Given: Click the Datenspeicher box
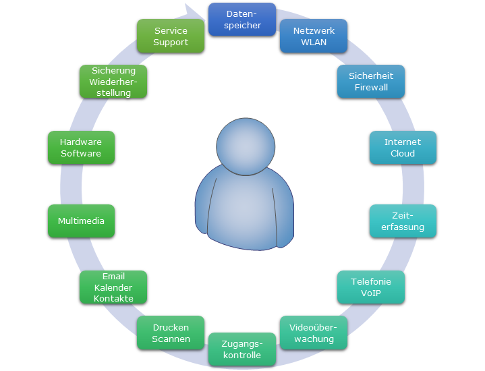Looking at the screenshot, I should (242, 20).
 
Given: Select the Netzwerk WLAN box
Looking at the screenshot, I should (314, 36).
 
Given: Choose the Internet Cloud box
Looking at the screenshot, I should (403, 148).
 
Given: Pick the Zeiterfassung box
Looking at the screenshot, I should (403, 221).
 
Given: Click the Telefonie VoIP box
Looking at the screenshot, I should (371, 287).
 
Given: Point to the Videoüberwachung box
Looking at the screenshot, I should (314, 333).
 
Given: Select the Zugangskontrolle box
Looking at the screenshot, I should (242, 349).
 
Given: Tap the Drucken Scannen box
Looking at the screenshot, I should (171, 333).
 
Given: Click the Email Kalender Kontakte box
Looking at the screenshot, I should (113, 287).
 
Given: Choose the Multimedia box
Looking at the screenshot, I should (81, 221).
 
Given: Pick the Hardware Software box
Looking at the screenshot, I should (81, 148).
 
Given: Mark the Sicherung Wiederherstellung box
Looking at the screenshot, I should (113, 82).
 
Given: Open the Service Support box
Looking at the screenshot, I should (171, 36).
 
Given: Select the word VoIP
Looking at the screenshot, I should (371, 293).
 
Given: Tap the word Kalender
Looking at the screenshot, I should (113, 287).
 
